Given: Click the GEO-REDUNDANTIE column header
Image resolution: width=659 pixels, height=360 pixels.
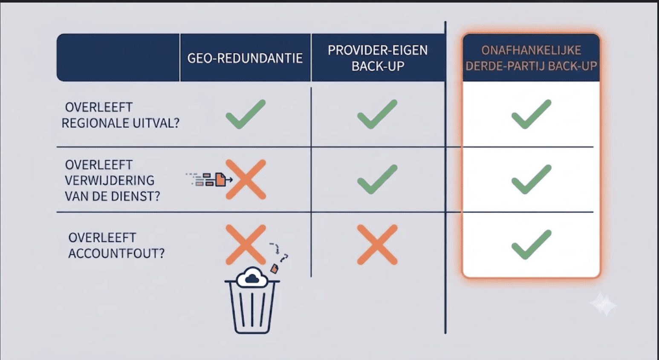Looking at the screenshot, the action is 245,58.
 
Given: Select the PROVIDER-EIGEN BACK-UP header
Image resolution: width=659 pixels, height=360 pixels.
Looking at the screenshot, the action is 378,58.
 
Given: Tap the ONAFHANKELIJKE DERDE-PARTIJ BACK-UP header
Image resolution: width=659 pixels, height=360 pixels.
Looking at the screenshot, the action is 531,58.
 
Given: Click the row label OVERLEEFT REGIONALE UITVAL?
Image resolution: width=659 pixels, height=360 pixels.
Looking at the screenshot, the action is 120,115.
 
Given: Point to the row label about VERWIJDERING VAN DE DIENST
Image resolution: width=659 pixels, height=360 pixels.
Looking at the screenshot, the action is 113,180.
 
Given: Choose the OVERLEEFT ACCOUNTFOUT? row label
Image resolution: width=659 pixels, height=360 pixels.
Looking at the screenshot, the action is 116,245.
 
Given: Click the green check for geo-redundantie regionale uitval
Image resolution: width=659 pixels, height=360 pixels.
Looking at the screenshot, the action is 246,114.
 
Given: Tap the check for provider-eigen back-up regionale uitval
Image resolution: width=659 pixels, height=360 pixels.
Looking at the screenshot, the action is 377,114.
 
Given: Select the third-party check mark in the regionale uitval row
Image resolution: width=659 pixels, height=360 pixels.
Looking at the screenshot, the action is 531,114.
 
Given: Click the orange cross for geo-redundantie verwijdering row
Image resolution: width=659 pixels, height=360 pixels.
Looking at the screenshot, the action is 246,179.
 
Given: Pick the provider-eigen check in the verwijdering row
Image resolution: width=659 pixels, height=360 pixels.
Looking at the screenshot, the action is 377,179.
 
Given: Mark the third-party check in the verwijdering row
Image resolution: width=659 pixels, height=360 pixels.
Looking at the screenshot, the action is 531,179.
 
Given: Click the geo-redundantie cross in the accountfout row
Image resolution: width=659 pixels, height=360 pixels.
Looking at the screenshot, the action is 246,245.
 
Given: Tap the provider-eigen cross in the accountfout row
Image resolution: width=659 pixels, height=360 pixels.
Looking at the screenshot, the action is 377,245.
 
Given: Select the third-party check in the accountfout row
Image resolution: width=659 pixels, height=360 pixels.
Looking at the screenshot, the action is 531,245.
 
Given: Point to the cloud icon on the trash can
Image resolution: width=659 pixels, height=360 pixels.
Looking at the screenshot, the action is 252,277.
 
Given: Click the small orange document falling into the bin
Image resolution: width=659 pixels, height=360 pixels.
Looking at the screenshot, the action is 274,268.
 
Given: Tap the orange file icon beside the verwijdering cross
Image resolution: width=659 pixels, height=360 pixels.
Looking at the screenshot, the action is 220,179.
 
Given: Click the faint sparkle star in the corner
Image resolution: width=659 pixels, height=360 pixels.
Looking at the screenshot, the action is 603,304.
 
